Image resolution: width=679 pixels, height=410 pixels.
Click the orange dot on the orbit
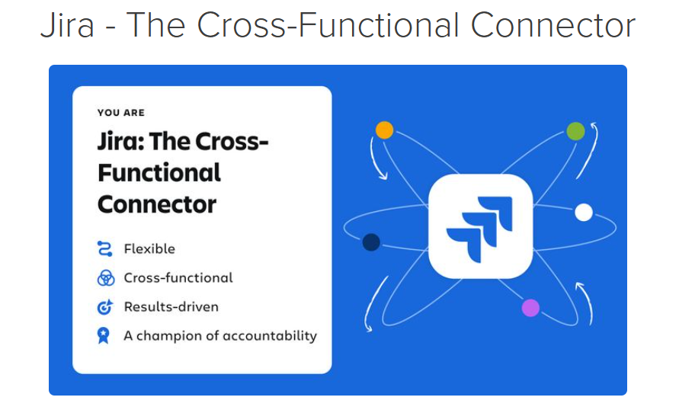tap(384, 130)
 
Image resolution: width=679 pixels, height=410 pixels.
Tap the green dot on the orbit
tap(575, 131)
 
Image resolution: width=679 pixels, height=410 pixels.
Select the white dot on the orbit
tap(583, 212)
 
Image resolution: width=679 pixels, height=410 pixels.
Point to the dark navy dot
tap(371, 242)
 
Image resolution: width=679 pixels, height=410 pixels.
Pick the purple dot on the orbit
tap(530, 308)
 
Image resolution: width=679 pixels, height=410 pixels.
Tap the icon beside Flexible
tap(105, 248)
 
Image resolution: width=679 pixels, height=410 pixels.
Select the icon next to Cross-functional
tap(106, 277)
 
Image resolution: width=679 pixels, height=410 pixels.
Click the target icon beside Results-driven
tap(105, 306)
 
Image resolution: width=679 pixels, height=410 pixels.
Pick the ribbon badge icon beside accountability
tap(104, 335)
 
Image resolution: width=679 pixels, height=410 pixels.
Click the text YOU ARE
tap(121, 113)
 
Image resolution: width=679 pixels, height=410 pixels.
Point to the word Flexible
tap(149, 248)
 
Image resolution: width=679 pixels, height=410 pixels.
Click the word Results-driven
tap(171, 306)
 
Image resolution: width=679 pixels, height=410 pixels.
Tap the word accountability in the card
tap(271, 336)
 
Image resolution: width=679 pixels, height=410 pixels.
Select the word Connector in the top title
tap(553, 25)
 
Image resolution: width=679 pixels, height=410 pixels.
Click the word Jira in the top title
tap(67, 25)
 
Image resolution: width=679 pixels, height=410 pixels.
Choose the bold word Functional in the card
tap(159, 173)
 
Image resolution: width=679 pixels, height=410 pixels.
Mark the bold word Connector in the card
tap(157, 204)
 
